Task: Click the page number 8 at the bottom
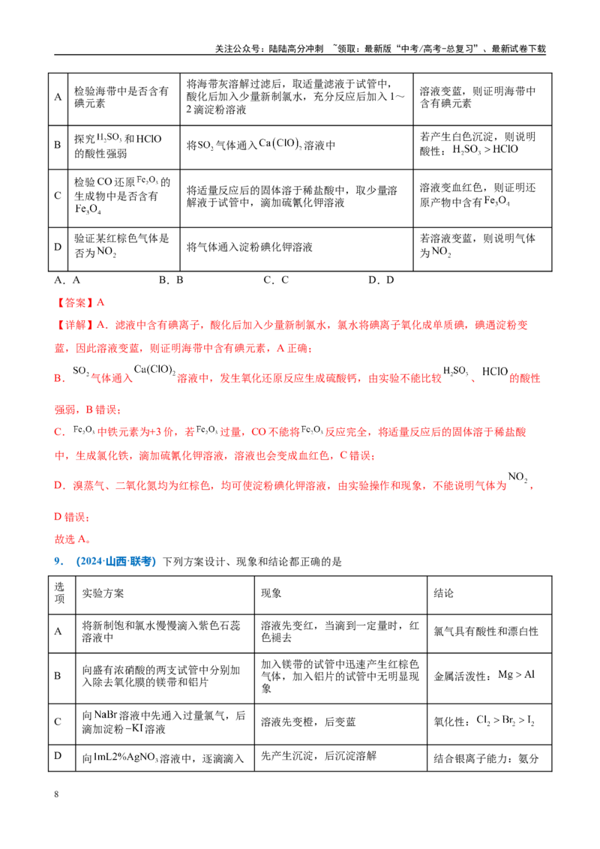pyautogui.click(x=56, y=793)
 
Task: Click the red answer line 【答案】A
pyautogui.click(x=79, y=302)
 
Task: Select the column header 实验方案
pyautogui.click(x=103, y=593)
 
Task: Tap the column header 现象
pyautogui.click(x=271, y=593)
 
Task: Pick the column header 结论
pyautogui.click(x=443, y=593)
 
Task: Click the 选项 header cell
pyautogui.click(x=59, y=593)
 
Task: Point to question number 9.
pyautogui.click(x=59, y=562)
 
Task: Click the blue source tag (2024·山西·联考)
pyautogui.click(x=116, y=562)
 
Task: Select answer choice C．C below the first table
pyautogui.click(x=276, y=280)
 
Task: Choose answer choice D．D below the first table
pyautogui.click(x=381, y=280)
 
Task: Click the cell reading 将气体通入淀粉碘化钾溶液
pyautogui.click(x=250, y=247)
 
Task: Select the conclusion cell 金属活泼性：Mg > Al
pyautogui.click(x=484, y=675)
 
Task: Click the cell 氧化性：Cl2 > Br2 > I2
pyautogui.click(x=484, y=721)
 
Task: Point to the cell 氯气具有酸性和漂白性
pyautogui.click(x=486, y=631)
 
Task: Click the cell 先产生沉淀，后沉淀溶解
pyautogui.click(x=319, y=756)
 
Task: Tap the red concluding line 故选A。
pyautogui.click(x=73, y=539)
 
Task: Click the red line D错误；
pyautogui.click(x=72, y=517)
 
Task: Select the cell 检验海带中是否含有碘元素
pyautogui.click(x=121, y=97)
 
